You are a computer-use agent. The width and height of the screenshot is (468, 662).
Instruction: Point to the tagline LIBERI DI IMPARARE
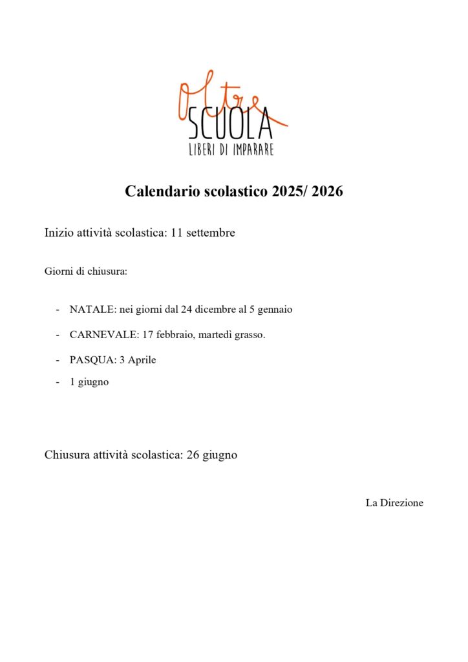click(x=231, y=149)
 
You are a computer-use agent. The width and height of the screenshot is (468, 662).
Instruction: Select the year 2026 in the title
click(x=326, y=191)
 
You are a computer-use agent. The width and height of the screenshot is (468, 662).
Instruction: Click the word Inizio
click(x=59, y=233)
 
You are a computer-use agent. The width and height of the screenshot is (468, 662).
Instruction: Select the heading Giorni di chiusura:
click(x=85, y=271)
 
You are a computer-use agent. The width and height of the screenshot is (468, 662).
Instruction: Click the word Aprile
click(x=142, y=360)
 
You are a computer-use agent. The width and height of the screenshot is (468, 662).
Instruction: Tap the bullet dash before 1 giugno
click(x=58, y=382)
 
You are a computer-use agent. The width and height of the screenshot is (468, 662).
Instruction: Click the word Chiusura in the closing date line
click(x=67, y=455)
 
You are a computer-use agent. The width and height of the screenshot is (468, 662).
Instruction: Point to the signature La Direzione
click(x=394, y=503)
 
